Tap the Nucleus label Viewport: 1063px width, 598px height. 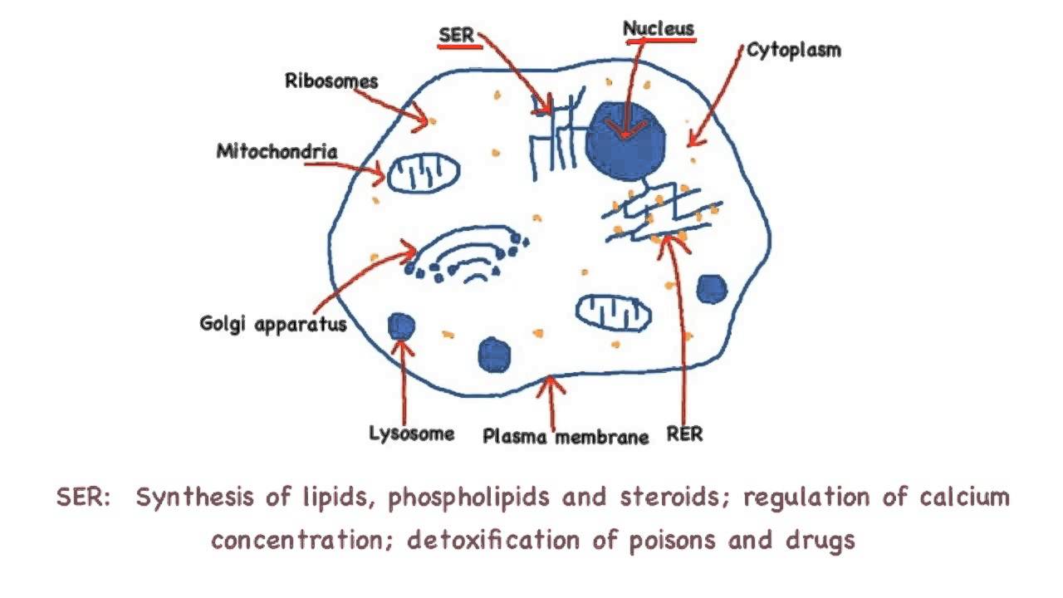coord(659,28)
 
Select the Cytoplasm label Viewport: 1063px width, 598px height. coord(793,50)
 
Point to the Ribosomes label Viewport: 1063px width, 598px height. coord(331,81)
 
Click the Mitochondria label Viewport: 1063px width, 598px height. coord(277,152)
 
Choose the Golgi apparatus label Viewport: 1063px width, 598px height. coord(272,323)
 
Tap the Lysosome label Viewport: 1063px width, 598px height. coord(412,434)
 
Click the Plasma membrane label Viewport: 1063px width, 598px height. coord(566,437)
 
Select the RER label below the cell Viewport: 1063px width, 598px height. coord(684,434)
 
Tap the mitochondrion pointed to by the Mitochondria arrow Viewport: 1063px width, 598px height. coord(424,174)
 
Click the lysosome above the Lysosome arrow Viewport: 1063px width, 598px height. coord(402,326)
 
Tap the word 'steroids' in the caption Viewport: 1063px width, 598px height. coord(676,498)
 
